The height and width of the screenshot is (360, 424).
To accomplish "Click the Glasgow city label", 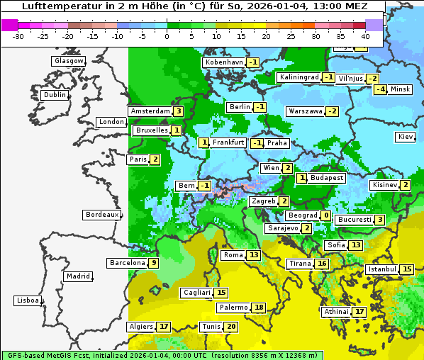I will [68, 61].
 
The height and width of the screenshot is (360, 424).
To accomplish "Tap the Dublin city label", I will [54, 95].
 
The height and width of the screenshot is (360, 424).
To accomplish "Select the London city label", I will [111, 122].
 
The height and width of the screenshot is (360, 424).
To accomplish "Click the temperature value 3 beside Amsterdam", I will [179, 111].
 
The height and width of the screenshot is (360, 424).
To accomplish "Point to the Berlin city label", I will [239, 107].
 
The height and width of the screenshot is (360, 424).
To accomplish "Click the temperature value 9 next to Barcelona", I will [153, 263].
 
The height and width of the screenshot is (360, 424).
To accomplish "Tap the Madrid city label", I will [77, 276].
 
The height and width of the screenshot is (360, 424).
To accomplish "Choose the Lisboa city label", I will [28, 300].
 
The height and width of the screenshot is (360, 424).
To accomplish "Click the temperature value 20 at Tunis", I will [231, 327].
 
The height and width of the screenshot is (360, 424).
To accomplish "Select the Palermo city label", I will [233, 308].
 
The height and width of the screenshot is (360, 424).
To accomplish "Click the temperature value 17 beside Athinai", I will [359, 312].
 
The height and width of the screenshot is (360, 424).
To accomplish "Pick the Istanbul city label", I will [381, 269].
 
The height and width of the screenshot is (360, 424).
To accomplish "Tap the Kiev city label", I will [405, 137].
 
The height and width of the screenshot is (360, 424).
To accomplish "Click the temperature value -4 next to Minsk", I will [381, 89].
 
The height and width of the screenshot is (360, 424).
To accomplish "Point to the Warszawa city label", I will [305, 111].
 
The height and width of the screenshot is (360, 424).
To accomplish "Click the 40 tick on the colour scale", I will [365, 36].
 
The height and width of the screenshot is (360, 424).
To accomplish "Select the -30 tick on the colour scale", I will [18, 36].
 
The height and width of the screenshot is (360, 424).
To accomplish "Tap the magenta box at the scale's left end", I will [9, 25].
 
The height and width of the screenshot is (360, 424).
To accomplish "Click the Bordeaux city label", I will [102, 215].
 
